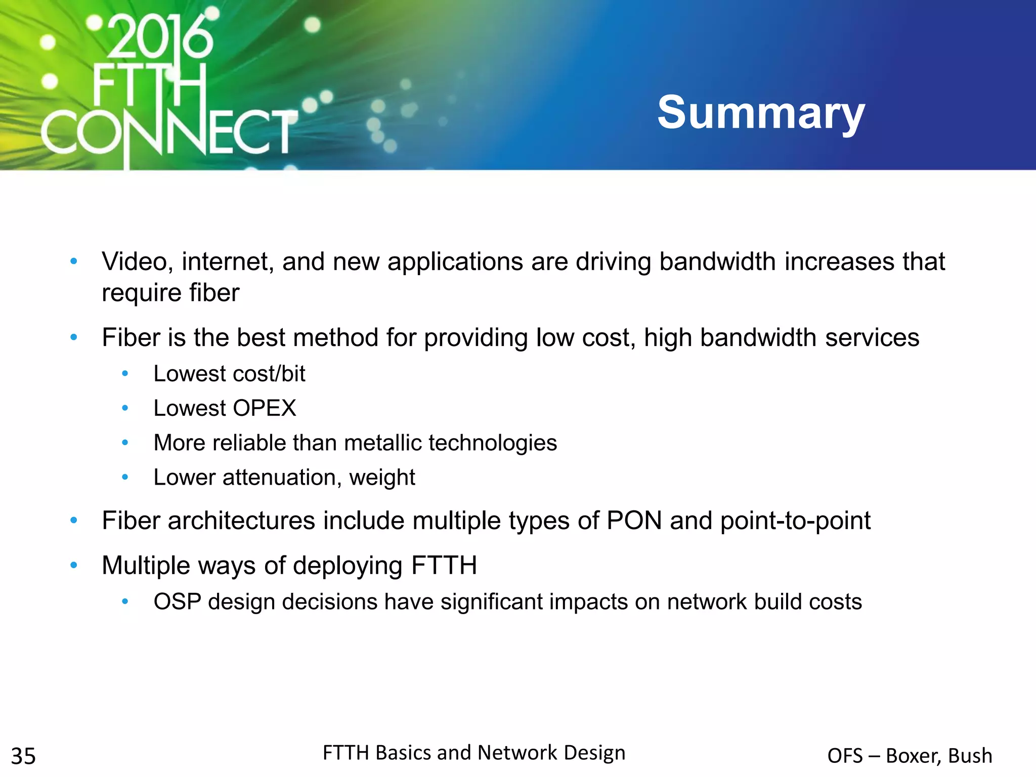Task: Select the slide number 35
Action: pos(23,756)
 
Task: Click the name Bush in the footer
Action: pos(970,756)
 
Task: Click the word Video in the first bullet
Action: pos(134,262)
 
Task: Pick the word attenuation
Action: pos(279,478)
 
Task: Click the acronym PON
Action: pos(634,521)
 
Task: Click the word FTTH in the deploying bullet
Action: pos(444,566)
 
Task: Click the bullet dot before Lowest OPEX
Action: pos(125,408)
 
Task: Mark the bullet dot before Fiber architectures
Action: pos(74,521)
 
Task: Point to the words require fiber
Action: pos(170,293)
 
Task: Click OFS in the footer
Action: pos(844,756)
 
